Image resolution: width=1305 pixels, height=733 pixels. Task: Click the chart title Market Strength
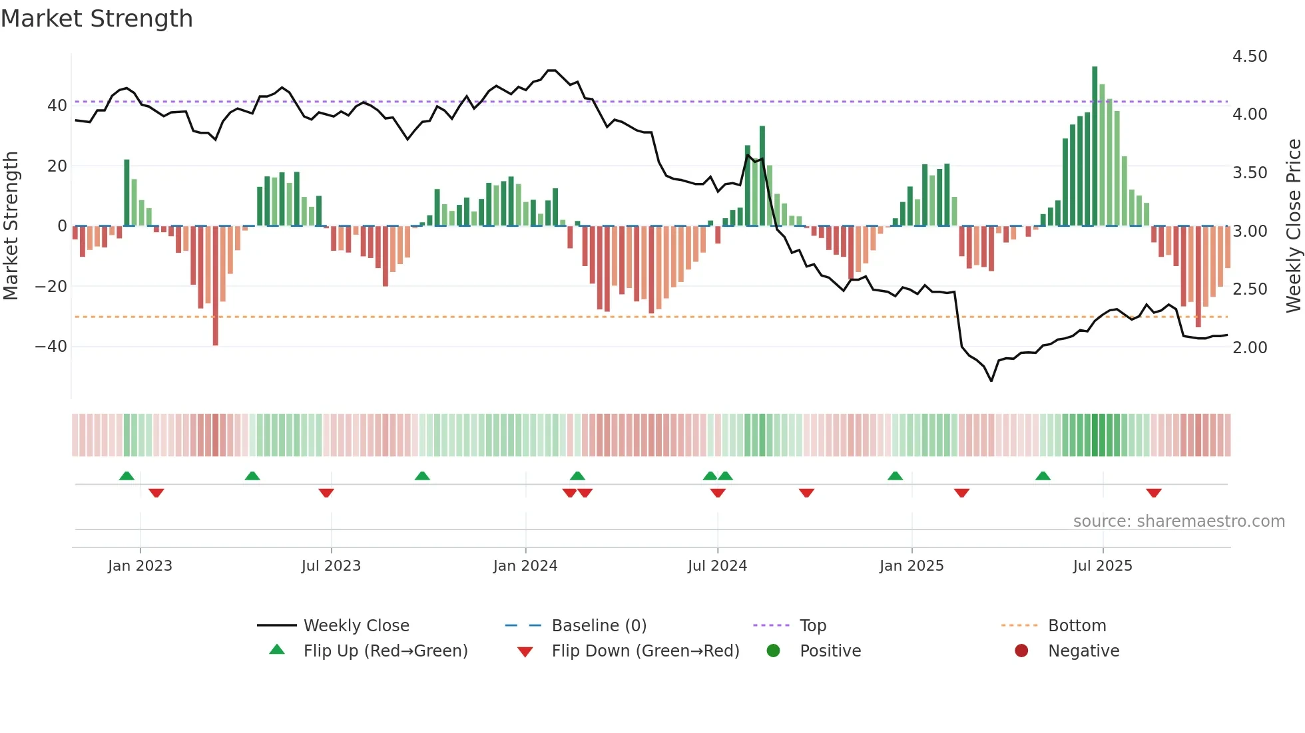[97, 19]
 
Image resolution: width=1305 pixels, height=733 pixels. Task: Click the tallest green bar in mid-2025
[1095, 146]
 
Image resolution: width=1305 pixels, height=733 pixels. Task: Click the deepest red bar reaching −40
[215, 286]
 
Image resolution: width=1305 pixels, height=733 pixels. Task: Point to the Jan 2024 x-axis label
[525, 566]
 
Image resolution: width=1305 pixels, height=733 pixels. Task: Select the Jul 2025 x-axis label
[1103, 566]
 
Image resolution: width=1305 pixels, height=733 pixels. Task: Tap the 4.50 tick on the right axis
[1250, 57]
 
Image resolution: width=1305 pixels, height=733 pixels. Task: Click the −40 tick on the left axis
[51, 347]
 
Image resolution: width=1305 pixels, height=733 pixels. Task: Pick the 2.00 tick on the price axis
[1250, 347]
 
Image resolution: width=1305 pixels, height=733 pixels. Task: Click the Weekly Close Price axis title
[1293, 226]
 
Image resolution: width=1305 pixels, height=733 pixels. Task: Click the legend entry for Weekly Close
[356, 626]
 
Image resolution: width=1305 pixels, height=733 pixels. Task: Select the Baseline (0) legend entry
[599, 626]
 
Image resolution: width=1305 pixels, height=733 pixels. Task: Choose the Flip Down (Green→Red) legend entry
[645, 651]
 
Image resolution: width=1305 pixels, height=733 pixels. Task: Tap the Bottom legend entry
[1077, 626]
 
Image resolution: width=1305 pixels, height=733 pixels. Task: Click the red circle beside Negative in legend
[1021, 651]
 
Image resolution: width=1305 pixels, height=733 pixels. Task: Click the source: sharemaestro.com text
[1178, 521]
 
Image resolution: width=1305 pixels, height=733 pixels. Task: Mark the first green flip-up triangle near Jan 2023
[127, 476]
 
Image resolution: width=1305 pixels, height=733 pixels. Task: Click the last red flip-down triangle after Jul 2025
[1154, 493]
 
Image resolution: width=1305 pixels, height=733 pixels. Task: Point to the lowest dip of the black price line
[991, 380]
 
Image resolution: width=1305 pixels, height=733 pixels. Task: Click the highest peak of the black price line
[551, 70]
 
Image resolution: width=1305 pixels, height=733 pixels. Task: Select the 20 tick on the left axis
[57, 166]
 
